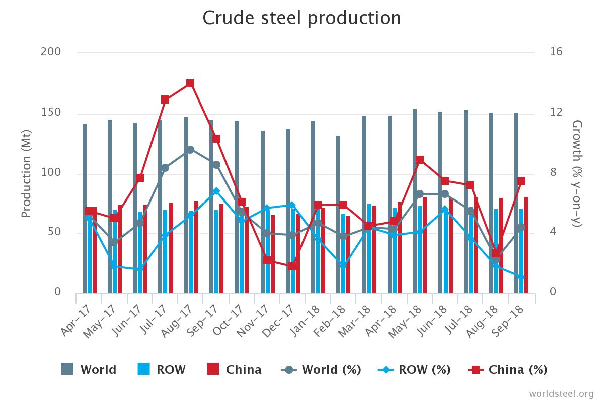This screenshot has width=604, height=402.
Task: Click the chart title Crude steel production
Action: tap(301, 18)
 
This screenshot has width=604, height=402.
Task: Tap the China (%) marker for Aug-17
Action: tap(190, 83)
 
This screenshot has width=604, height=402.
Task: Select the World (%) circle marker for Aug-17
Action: tap(190, 150)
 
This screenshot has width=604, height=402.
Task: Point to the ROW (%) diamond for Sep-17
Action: tap(216, 191)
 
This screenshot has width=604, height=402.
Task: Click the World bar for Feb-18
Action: tap(338, 215)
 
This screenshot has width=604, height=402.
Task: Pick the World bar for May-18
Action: tap(415, 201)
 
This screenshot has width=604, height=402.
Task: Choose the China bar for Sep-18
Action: tap(526, 245)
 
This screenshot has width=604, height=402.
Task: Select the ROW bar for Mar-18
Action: tap(369, 249)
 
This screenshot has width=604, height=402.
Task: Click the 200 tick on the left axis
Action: tap(51, 52)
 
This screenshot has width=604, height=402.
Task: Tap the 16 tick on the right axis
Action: tap(556, 52)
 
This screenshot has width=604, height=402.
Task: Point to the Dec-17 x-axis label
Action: tap(278, 321)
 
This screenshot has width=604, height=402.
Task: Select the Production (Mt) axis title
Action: tap(26, 174)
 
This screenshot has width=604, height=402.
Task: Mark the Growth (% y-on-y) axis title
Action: tap(577, 174)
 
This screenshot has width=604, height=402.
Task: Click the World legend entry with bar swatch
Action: tap(89, 369)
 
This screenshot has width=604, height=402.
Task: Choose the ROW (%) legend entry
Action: tap(414, 370)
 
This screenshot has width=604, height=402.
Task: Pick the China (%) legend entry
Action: tap(508, 370)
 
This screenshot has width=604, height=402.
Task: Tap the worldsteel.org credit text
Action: tap(561, 393)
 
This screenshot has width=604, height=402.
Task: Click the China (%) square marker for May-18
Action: tap(420, 160)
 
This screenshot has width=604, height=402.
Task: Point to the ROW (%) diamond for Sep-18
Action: tap(521, 277)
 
